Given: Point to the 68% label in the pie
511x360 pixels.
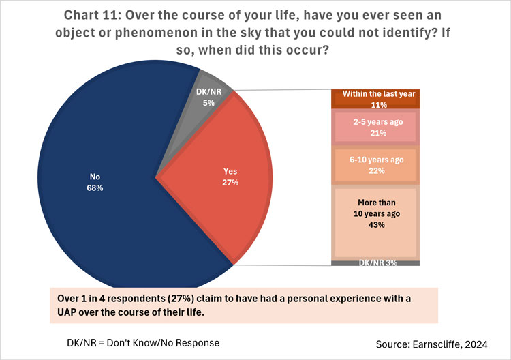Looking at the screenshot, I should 95,187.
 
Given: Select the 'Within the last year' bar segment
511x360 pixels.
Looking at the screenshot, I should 375,100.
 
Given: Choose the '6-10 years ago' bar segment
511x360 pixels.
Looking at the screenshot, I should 375,166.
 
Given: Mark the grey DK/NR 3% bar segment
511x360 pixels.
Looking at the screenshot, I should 375,263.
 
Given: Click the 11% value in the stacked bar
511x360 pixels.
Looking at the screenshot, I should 375,105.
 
